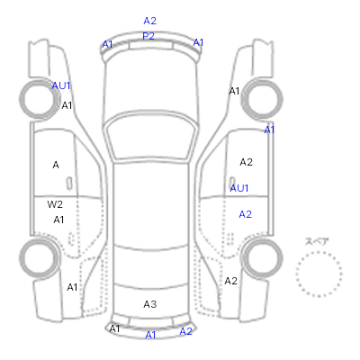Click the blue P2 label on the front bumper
(148, 36)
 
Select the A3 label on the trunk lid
(150, 304)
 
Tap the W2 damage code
(55, 204)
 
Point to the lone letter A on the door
(56, 165)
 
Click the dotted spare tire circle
(319, 253)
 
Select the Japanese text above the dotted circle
(317, 241)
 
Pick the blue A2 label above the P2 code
(150, 21)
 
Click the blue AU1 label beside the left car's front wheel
(61, 85)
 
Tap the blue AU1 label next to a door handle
(239, 188)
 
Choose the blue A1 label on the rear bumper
(150, 335)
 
